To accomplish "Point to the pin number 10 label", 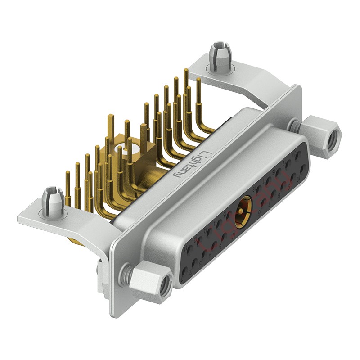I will (x=298, y=179).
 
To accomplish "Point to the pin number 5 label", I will (x=220, y=247).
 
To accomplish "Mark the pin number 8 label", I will (x=279, y=195).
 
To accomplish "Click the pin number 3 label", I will (x=200, y=264).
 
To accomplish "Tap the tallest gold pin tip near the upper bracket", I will (x=186, y=71).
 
